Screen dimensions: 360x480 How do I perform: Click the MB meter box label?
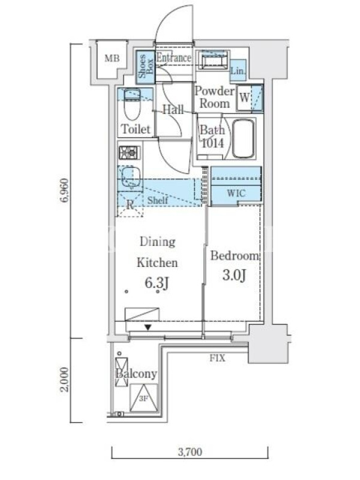[112, 58]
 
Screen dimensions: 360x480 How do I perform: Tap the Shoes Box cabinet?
[145, 67]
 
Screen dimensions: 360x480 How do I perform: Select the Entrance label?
[173, 58]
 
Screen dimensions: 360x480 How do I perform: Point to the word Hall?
[173, 110]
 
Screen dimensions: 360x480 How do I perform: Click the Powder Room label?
[215, 97]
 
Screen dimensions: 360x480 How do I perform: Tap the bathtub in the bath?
[244, 139]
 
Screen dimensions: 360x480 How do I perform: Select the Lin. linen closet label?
[238, 71]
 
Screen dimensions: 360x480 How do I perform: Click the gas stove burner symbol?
[130, 152]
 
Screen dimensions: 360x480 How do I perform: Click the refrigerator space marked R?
[130, 205]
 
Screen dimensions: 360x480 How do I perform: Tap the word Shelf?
[158, 200]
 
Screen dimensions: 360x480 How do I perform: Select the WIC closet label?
[236, 193]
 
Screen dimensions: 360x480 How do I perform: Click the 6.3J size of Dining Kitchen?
[157, 283]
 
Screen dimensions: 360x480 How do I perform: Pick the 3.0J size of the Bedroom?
[234, 275]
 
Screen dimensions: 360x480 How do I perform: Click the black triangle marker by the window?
[148, 327]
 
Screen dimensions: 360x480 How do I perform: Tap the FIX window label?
[217, 358]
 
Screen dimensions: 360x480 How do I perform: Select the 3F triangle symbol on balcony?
[143, 398]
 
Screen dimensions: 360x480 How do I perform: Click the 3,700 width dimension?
[190, 452]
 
